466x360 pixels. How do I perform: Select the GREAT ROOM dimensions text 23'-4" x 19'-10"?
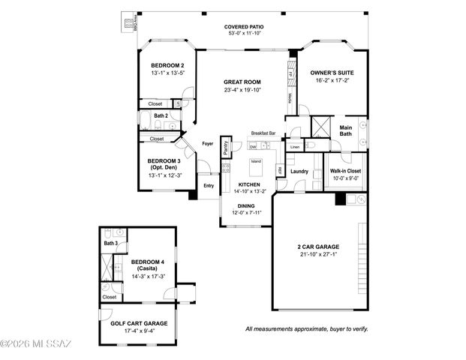[242, 91]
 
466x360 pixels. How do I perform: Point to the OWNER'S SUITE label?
[332, 73]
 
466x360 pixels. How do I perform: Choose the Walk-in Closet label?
[346, 171]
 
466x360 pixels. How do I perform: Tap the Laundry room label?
[299, 172]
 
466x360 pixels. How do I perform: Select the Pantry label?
[226, 148]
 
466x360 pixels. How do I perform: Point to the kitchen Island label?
[256, 161]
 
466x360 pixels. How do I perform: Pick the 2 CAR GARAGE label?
[318, 247]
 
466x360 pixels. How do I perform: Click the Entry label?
[208, 185]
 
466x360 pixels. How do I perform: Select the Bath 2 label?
[161, 115]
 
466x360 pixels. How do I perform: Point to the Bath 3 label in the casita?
[111, 243]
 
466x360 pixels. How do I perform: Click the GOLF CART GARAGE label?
[134, 323]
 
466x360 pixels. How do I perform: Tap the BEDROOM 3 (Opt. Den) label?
[162, 165]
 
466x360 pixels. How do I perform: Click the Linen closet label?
[294, 148]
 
